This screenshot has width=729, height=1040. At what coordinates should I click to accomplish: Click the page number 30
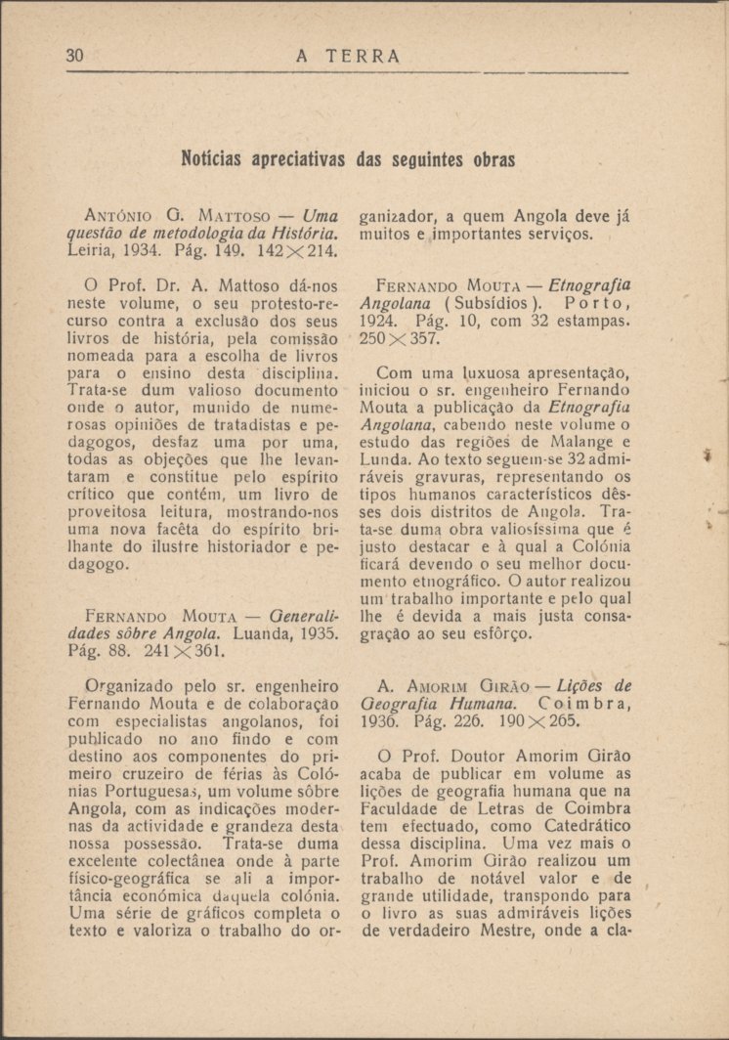coord(75,56)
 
